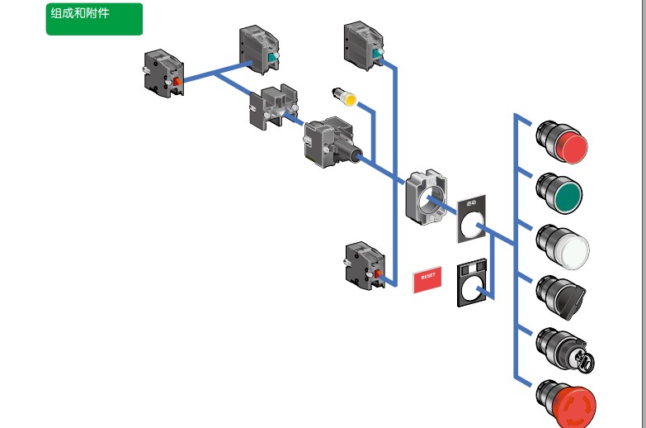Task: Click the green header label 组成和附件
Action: click(93, 19)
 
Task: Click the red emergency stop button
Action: click(567, 403)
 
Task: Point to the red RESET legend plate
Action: click(427, 278)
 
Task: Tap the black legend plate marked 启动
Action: click(472, 219)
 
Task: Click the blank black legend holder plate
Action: click(470, 286)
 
